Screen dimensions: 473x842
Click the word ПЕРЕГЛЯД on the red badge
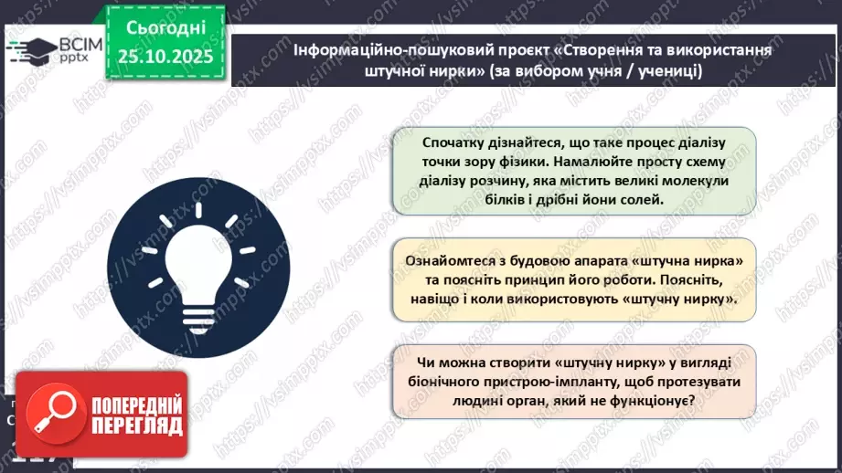(x=135, y=426)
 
